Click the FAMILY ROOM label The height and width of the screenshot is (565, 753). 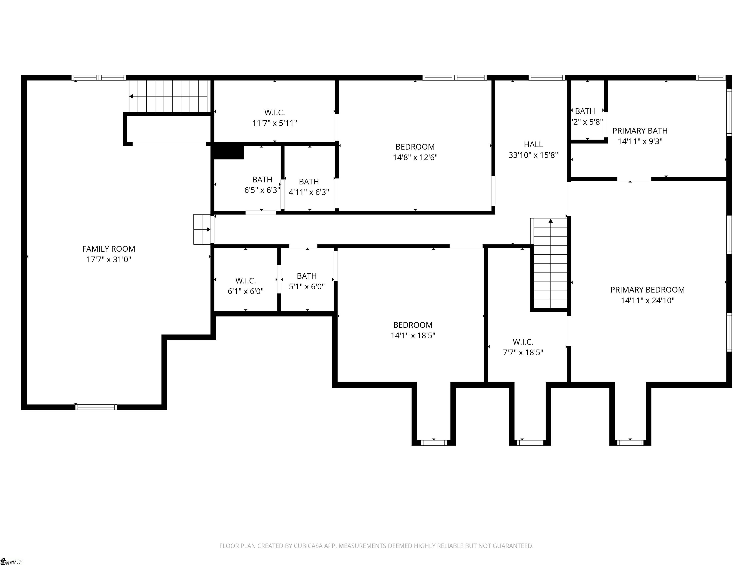(x=109, y=249)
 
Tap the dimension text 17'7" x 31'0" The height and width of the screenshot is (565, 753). (x=109, y=259)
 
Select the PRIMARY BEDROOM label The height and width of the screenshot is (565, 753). (x=647, y=290)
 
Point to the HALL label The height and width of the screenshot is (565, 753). (x=533, y=144)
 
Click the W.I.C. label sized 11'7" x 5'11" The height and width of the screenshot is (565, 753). (x=274, y=112)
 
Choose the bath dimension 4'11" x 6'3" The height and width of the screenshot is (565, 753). (x=309, y=193)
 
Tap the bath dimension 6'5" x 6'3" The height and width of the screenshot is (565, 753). (x=262, y=190)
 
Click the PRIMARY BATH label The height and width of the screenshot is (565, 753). (x=640, y=131)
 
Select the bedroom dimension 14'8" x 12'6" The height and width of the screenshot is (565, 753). (x=415, y=157)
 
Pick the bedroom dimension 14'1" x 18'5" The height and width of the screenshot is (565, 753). (x=413, y=335)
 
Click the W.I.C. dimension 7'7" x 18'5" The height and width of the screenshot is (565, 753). (x=523, y=352)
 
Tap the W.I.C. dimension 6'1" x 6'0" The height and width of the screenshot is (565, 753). (x=245, y=292)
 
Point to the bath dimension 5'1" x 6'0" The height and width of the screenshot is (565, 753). (x=307, y=287)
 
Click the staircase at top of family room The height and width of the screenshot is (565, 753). (x=168, y=96)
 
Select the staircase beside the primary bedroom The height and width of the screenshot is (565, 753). (x=550, y=264)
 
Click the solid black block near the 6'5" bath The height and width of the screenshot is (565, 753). (x=228, y=152)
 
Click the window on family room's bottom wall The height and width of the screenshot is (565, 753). (x=96, y=407)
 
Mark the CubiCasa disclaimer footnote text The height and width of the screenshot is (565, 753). (x=376, y=546)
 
